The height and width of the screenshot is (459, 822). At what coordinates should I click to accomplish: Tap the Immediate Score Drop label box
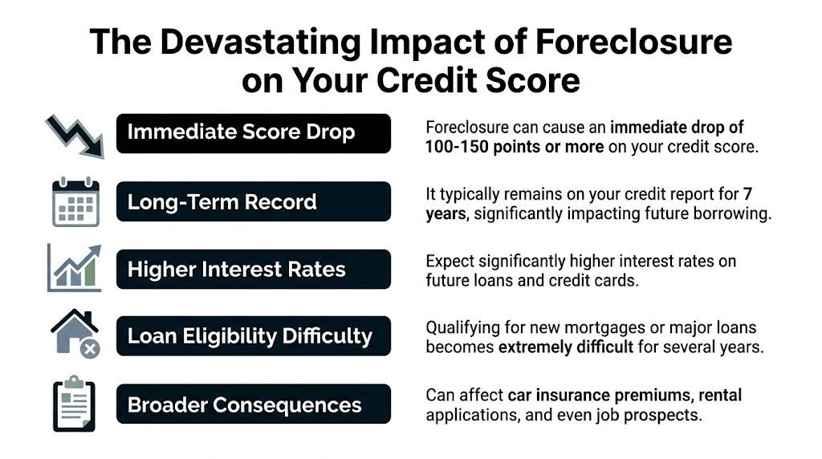pyautogui.click(x=254, y=133)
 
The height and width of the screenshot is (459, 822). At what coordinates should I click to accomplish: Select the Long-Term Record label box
pyautogui.click(x=254, y=201)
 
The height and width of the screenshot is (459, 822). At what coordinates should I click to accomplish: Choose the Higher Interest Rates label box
pyautogui.click(x=254, y=269)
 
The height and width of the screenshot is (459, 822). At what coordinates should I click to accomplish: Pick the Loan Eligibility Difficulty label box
pyautogui.click(x=254, y=336)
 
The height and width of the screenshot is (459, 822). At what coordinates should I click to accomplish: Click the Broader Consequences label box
pyautogui.click(x=254, y=404)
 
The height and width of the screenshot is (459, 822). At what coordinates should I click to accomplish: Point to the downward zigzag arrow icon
pyautogui.click(x=75, y=134)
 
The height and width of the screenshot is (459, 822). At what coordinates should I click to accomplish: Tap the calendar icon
pyautogui.click(x=75, y=202)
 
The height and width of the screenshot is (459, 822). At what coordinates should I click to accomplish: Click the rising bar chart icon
pyautogui.click(x=75, y=269)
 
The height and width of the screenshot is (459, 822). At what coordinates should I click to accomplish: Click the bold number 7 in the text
pyautogui.click(x=747, y=194)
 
